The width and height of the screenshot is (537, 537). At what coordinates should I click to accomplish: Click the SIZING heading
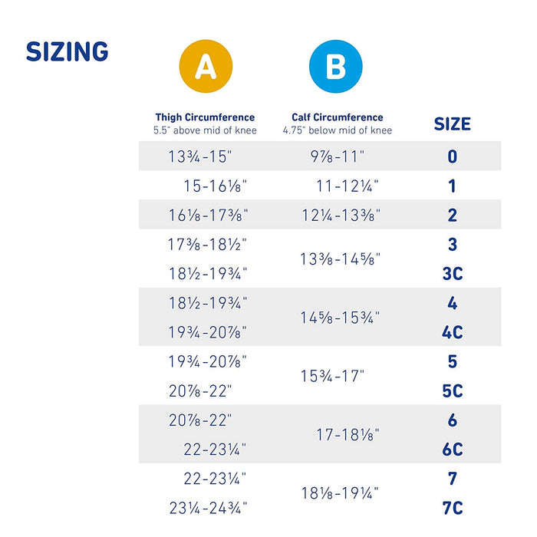[68, 52]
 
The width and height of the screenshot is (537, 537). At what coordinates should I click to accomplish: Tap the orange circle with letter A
[205, 67]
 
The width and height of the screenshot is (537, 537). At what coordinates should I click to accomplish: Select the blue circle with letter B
[335, 67]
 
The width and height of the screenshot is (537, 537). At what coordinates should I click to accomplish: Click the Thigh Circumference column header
[205, 117]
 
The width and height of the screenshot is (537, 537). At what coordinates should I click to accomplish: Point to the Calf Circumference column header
[338, 117]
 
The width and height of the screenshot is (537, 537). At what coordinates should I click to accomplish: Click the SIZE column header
[453, 124]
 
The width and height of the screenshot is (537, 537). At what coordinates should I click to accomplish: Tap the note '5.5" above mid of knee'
[205, 130]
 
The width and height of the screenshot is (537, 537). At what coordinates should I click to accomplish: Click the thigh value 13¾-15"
[199, 156]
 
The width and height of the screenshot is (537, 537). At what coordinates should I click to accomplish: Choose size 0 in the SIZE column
[453, 156]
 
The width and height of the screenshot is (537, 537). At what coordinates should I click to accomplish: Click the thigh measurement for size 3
[207, 245]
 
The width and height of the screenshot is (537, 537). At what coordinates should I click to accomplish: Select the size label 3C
[453, 274]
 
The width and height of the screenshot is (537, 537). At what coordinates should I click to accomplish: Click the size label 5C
[453, 390]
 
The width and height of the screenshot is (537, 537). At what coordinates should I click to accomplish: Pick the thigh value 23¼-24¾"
[208, 508]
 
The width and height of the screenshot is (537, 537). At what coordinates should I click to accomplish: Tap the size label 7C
[453, 508]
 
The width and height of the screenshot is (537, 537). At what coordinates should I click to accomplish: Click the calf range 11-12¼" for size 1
[348, 186]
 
